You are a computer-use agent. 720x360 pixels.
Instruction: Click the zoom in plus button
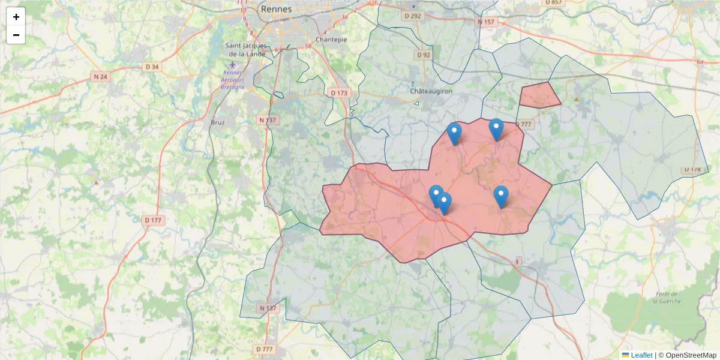(x=16, y=17)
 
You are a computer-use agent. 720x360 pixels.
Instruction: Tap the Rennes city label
(x=276, y=9)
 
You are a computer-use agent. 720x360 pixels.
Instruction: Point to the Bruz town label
(x=217, y=122)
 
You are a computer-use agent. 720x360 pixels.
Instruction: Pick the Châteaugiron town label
(x=431, y=91)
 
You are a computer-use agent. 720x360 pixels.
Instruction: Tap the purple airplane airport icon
(x=233, y=65)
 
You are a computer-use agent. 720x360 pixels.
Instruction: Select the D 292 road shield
(x=413, y=16)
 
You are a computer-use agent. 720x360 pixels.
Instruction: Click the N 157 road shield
(x=487, y=22)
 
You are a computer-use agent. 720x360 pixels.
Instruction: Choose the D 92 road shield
(x=424, y=55)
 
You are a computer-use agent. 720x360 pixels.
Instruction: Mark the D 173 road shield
(x=339, y=92)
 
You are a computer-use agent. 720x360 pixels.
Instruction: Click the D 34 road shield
(x=152, y=67)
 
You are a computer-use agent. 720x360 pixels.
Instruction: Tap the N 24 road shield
(x=100, y=76)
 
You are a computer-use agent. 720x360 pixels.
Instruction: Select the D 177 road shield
(x=154, y=220)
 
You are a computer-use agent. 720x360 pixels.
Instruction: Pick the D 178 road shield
(x=691, y=170)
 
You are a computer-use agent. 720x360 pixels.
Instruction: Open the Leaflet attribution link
(x=641, y=355)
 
